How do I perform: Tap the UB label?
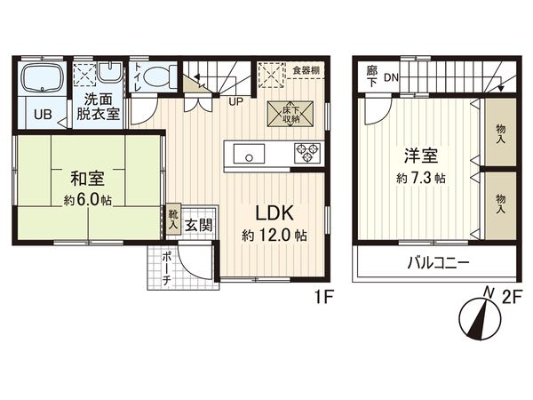tap(42, 114)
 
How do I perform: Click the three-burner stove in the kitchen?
tap(306, 154)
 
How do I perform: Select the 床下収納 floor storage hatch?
tap(288, 115)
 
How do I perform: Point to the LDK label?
tap(274, 213)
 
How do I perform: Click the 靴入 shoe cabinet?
tap(173, 220)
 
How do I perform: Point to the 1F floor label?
tap(321, 300)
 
